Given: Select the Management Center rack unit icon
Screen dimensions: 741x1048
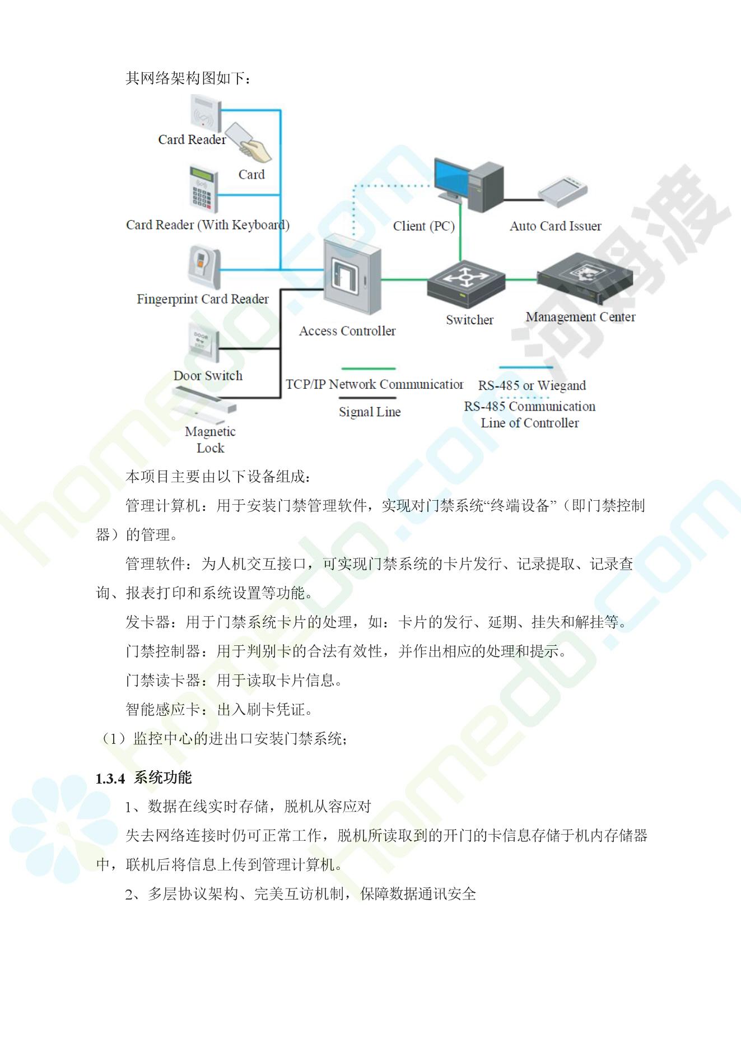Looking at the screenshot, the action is click(x=585, y=278).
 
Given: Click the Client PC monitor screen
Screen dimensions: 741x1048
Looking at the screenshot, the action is click(x=453, y=176).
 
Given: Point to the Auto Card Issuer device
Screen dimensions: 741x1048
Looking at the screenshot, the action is click(x=563, y=189).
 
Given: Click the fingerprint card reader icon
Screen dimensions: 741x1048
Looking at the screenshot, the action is click(x=204, y=267).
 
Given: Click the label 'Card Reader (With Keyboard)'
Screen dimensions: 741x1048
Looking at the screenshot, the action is click(x=208, y=225).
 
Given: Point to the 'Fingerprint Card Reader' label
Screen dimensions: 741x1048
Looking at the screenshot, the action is click(x=203, y=299).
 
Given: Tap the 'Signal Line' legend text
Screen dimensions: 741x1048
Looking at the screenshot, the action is click(x=370, y=412).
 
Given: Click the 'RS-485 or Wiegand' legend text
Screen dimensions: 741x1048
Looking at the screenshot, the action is click(x=532, y=385).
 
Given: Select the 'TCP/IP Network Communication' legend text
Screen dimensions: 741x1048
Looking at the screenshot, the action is click(x=374, y=384).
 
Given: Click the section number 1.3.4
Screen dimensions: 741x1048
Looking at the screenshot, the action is click(x=110, y=779).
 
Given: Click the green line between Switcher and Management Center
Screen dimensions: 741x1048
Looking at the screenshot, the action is click(x=521, y=280).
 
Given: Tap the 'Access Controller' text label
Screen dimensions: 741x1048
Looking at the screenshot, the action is click(x=347, y=331).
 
